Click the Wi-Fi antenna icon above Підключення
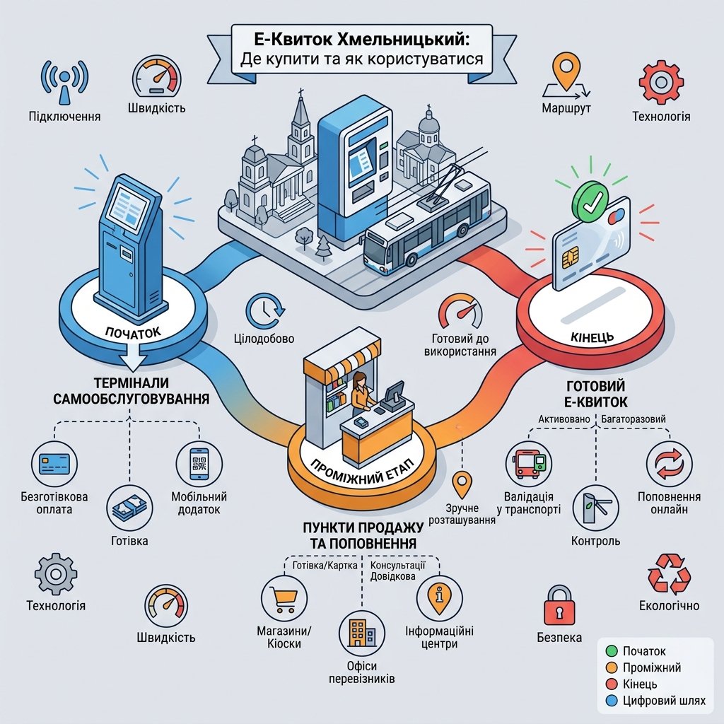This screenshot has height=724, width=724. point(64,82)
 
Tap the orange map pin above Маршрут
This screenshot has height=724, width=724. point(566,73)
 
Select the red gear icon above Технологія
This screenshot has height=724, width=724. point(661,82)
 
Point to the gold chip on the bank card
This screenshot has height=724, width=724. point(571,258)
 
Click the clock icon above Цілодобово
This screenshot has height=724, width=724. point(265,310)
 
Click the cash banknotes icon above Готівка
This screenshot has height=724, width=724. point(130,508)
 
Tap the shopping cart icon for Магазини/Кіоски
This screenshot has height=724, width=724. point(283,599)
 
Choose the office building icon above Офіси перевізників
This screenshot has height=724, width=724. point(362,633)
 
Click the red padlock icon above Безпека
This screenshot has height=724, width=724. point(559,606)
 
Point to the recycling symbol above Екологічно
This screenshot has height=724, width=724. point(669,574)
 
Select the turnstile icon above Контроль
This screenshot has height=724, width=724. point(596,508)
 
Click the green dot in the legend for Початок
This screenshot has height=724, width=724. point(612,651)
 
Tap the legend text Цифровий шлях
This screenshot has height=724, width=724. point(664,701)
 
